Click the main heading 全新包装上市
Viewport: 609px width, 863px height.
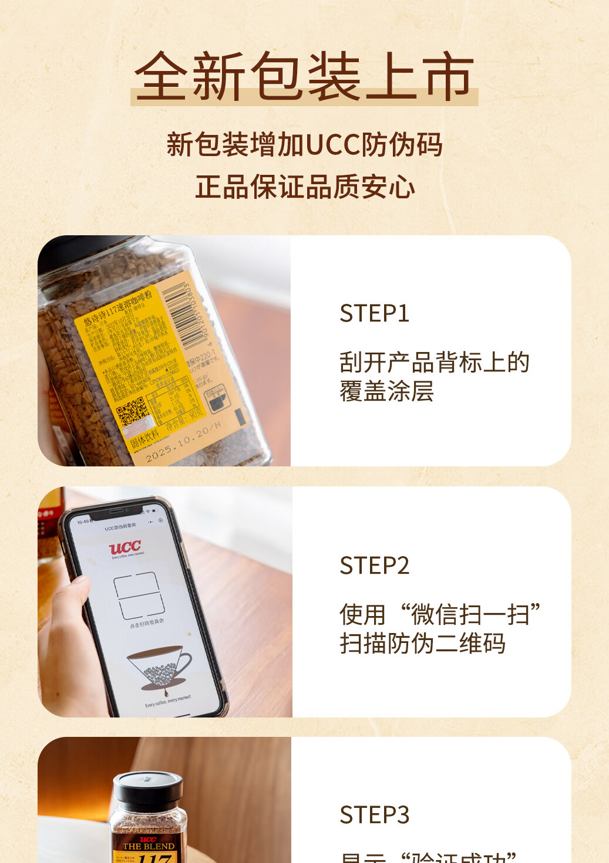click(x=304, y=76)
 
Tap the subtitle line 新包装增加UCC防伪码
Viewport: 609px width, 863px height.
click(x=304, y=145)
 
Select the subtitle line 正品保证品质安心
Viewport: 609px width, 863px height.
click(x=304, y=187)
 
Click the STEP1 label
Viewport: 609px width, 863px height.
click(x=374, y=313)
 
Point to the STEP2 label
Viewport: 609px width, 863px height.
click(x=374, y=566)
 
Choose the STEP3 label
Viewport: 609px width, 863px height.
click(x=374, y=815)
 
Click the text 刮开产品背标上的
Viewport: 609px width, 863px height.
click(x=434, y=363)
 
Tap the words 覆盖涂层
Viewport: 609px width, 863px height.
click(x=386, y=391)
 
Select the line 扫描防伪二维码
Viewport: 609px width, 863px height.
click(x=422, y=644)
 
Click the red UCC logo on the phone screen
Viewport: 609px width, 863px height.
click(x=125, y=548)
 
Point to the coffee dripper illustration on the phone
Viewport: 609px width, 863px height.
click(x=159, y=666)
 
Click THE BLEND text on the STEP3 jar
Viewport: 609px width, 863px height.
click(x=148, y=847)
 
